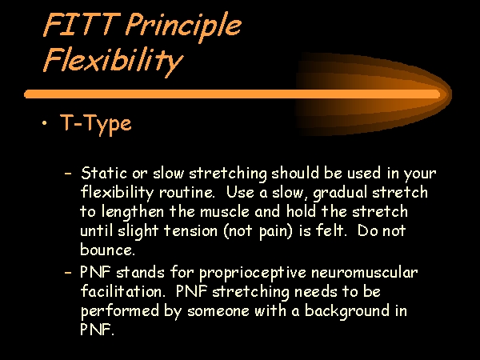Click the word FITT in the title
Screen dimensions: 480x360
click(82, 24)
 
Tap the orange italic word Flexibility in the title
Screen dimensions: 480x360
click(113, 62)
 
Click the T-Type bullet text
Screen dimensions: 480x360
click(96, 124)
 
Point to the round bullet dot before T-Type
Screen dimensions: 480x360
click(45, 123)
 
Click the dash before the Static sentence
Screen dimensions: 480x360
click(68, 174)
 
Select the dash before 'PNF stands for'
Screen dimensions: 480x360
click(68, 272)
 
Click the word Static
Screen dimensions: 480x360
click(104, 173)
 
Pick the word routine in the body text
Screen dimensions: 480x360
click(186, 193)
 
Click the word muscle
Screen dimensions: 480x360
click(224, 211)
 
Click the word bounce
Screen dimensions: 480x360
click(107, 250)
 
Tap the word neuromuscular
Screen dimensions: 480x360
click(364, 273)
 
